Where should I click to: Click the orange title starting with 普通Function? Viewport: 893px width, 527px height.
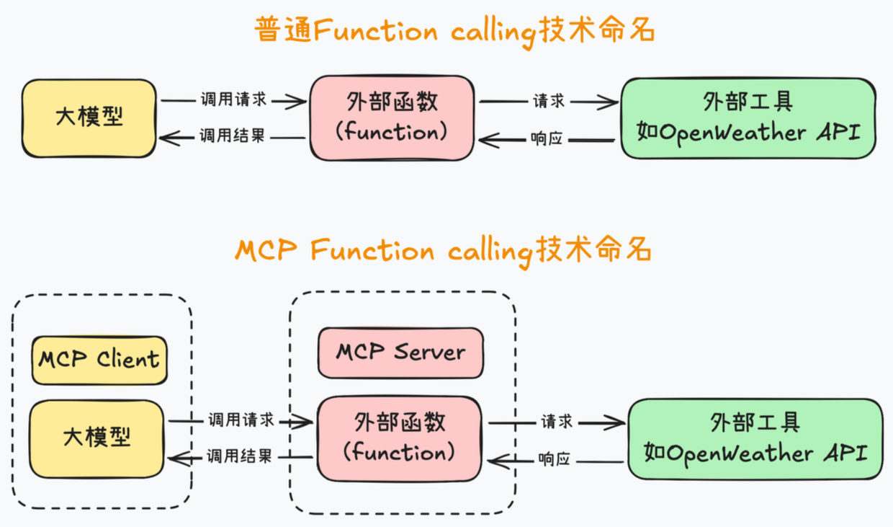tap(454, 31)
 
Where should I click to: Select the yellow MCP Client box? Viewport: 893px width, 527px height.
tap(99, 359)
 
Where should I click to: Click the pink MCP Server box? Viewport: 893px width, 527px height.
tap(400, 353)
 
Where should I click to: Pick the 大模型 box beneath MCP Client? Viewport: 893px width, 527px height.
tap(97, 438)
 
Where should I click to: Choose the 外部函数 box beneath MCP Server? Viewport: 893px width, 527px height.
tap(399, 438)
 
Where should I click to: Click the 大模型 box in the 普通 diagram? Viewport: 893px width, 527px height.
tap(89, 118)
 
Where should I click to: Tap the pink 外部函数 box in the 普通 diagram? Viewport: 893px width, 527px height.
tap(392, 118)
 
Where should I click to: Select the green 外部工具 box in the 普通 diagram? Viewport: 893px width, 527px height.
tap(748, 118)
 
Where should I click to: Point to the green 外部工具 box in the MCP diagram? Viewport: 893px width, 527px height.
tap(755, 438)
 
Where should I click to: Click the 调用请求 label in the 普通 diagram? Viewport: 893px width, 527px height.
tap(233, 99)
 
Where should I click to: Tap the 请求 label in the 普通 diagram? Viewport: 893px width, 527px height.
tap(548, 100)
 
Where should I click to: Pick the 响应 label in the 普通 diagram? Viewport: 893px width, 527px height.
tap(546, 138)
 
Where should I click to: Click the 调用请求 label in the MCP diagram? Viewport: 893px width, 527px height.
tap(241, 420)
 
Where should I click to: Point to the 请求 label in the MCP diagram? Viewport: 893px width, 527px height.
tap(557, 420)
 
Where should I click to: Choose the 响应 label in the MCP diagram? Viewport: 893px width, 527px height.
tap(554, 459)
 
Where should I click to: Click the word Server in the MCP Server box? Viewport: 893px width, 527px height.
tap(429, 353)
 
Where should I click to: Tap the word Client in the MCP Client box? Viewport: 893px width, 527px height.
tap(128, 359)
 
